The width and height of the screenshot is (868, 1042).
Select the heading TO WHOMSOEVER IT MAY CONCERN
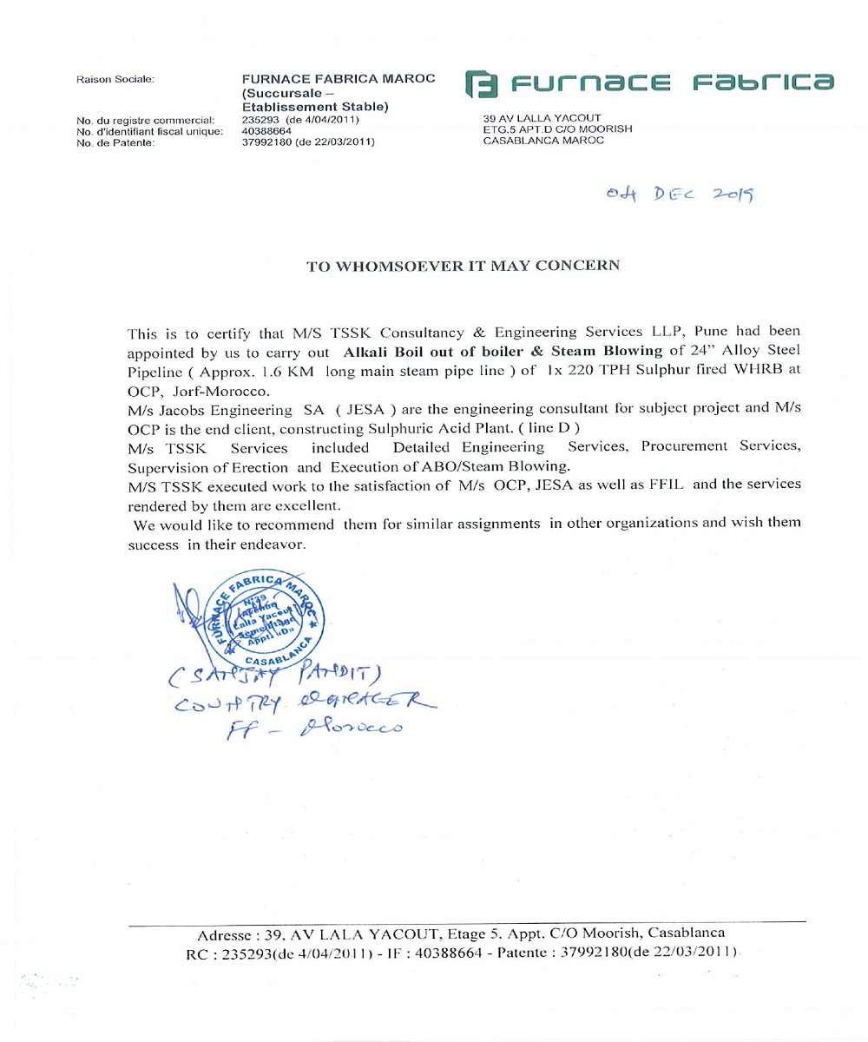464,266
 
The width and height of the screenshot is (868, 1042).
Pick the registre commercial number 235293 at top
262,119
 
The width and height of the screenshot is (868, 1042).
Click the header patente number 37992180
271,142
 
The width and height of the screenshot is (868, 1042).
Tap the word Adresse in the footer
227,934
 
